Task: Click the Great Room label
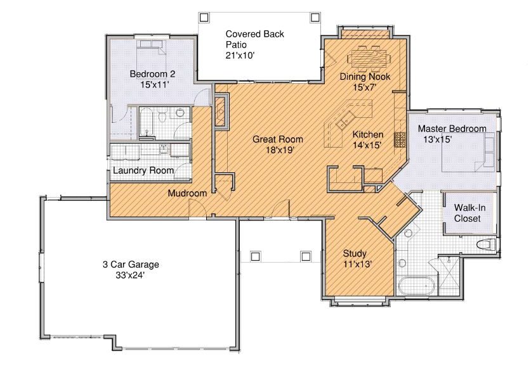pyautogui.click(x=278, y=139)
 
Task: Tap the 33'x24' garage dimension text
pyautogui.click(x=131, y=275)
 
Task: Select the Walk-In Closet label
pyautogui.click(x=469, y=213)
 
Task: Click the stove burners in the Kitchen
pyautogui.click(x=400, y=139)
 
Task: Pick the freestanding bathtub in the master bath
pyautogui.click(x=417, y=286)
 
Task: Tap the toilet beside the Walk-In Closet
pyautogui.click(x=485, y=244)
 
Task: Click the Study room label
pyautogui.click(x=355, y=253)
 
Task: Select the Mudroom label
pyautogui.click(x=187, y=193)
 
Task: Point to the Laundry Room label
pyautogui.click(x=143, y=170)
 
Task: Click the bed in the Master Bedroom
pyautogui.click(x=468, y=152)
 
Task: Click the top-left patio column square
pyautogui.click(x=204, y=17)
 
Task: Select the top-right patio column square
pyautogui.click(x=315, y=17)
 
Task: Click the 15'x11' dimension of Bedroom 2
pyautogui.click(x=154, y=84)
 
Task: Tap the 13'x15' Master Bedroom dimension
pyautogui.click(x=438, y=139)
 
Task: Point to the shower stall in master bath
pyautogui.click(x=449, y=276)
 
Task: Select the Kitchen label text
pyautogui.click(x=368, y=134)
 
